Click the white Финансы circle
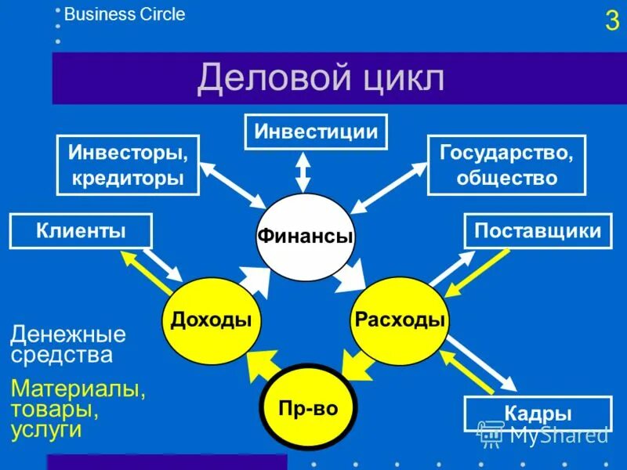[305, 237]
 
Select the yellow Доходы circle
[210, 320]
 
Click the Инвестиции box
[316, 131]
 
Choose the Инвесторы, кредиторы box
[128, 164]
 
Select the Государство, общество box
[506, 164]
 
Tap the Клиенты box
[80, 231]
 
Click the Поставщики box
[538, 231]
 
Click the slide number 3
[611, 20]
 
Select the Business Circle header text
[125, 14]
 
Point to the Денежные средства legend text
[68, 345]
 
